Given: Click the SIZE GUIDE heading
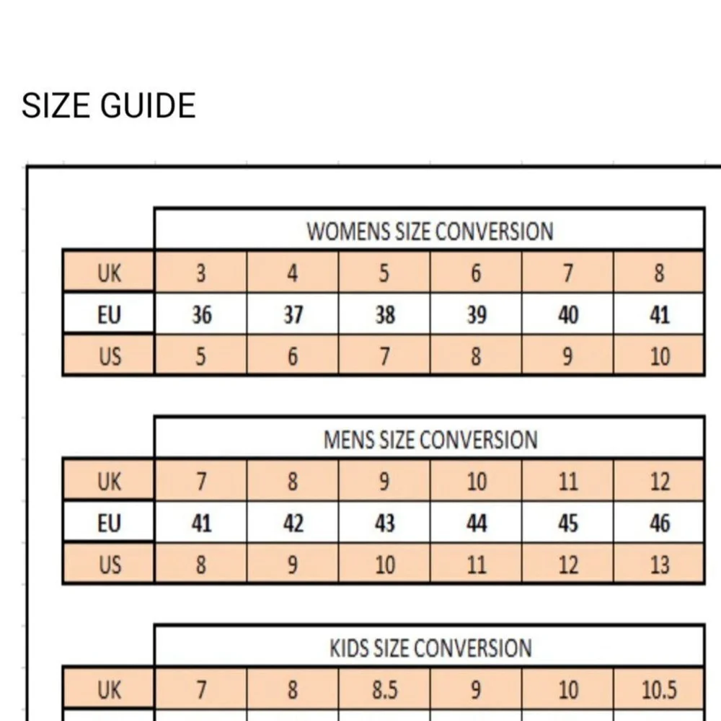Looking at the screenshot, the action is [109, 105].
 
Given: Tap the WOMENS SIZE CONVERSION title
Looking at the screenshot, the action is [430, 231].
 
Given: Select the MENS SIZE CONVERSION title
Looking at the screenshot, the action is [430, 439].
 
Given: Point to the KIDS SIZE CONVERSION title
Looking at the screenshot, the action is [430, 647].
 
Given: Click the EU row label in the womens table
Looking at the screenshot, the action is [109, 315].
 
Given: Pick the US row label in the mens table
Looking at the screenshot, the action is [110, 565].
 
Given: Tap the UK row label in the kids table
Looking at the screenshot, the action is [109, 690].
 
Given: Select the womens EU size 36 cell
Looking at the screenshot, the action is [201, 315].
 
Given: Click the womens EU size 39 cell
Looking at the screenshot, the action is [477, 315].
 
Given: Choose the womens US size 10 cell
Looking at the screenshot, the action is [660, 356].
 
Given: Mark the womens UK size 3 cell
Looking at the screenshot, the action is [201, 273].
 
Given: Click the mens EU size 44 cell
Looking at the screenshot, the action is [477, 523].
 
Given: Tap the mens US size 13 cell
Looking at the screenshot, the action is [660, 565].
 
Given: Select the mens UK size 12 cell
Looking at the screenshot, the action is [660, 482].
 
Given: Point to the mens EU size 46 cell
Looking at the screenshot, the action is [660, 523].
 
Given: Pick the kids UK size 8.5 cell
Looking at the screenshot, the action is [384, 690].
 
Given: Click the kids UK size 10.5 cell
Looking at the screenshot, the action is [660, 690].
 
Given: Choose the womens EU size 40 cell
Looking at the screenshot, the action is [568, 315].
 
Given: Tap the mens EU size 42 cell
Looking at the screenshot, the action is [293, 523].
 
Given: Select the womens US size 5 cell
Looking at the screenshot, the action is [201, 356].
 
